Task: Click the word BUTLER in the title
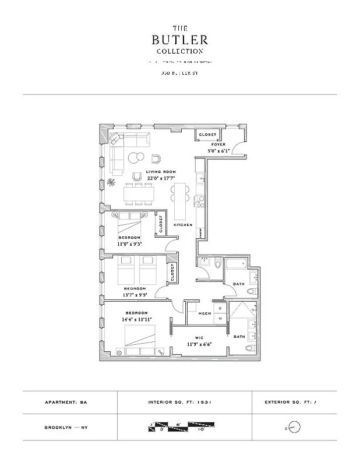179,40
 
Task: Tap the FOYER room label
218,144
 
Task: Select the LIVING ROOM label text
161,172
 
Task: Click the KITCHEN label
183,225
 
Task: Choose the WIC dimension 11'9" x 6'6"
200,344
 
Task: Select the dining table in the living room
140,193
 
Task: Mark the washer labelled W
220,319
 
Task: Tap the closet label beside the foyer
207,135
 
